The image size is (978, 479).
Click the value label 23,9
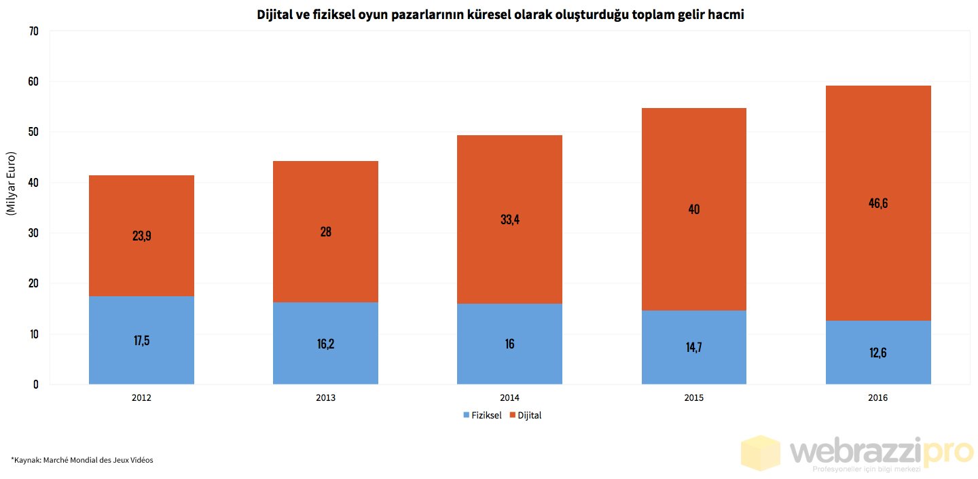click(x=141, y=236)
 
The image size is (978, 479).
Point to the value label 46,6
click(x=877, y=203)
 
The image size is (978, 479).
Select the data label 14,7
click(x=693, y=347)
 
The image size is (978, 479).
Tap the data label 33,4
click(x=509, y=219)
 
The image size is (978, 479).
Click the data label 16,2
click(x=325, y=343)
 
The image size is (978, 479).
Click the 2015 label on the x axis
click(x=693, y=398)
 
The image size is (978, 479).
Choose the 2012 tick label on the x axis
click(x=141, y=398)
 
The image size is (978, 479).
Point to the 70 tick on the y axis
click(x=34, y=31)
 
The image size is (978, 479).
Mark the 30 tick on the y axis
click(x=34, y=233)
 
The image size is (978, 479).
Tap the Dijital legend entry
click(x=529, y=415)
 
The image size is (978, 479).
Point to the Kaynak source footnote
click(x=81, y=460)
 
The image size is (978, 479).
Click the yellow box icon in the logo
click(x=761, y=453)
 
